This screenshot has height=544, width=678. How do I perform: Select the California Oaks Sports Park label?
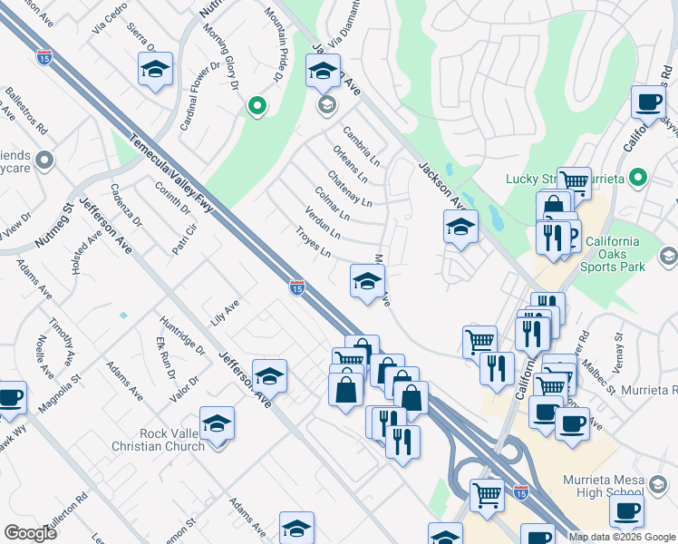click(x=627, y=254)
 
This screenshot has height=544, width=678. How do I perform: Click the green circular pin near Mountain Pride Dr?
click(x=257, y=107)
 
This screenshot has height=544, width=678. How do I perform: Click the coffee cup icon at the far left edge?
click(x=10, y=398)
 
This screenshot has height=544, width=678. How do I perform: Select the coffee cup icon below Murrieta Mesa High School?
click(x=625, y=511)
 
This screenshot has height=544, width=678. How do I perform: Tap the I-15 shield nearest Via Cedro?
click(x=44, y=57)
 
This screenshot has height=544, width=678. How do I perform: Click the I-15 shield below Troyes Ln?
click(x=296, y=287)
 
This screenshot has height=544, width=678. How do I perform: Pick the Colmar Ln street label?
click(x=332, y=204)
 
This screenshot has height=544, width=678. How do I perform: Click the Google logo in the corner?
click(x=30, y=532)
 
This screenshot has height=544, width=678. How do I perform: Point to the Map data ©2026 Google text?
click(x=622, y=537)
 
